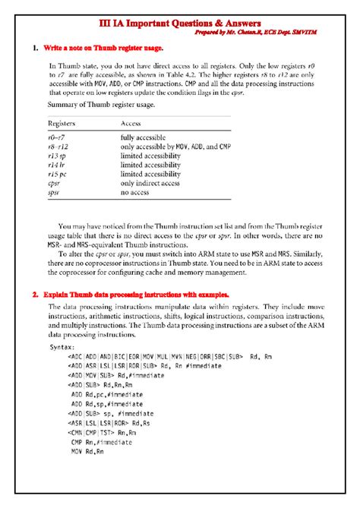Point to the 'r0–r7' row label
[x=57, y=137]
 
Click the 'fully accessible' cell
[x=145, y=137]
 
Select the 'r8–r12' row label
[x=59, y=147]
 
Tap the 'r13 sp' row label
[x=58, y=156]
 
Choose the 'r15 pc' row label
[x=58, y=175]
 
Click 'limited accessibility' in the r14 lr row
[x=150, y=166]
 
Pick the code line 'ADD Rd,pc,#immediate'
[x=105, y=394]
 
